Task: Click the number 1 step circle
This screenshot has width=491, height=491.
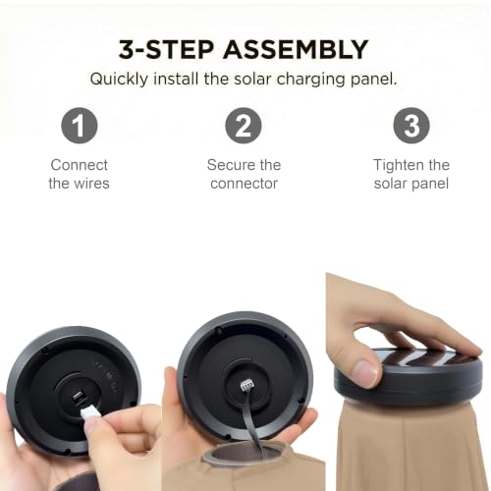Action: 80,126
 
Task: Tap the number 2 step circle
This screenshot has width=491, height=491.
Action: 244,126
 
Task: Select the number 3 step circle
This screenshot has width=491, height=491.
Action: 411,126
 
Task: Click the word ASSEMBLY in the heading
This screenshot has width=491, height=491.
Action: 296,50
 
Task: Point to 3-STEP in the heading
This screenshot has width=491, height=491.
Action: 166,50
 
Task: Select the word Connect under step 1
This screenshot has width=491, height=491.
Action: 80,165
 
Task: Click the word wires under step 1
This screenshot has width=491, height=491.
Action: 91,184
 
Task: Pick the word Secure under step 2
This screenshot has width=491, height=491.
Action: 231,165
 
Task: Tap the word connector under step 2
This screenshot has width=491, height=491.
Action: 244,184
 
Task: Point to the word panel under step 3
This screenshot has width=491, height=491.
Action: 430,184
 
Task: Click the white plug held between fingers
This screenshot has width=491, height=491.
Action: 89,411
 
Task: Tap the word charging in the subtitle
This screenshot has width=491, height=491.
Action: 310,80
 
